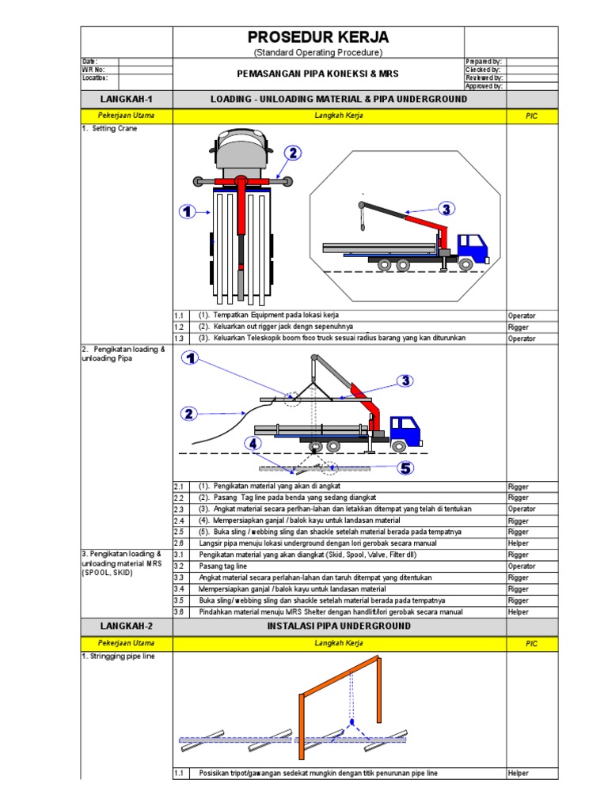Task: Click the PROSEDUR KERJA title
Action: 317,37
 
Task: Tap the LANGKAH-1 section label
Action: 127,99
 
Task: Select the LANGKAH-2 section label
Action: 127,626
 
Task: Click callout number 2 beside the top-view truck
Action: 292,153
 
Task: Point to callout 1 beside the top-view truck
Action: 187,211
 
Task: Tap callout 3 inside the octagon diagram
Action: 446,209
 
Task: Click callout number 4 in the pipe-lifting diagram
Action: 253,444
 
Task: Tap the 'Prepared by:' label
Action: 484,61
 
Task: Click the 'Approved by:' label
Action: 484,86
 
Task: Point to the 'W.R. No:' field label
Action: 94,70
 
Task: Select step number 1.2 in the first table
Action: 179,327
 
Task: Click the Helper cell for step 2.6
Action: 519,544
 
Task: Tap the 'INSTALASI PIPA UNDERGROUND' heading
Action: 339,626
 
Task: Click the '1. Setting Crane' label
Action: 109,128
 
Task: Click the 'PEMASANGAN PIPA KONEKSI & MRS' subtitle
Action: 317,74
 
